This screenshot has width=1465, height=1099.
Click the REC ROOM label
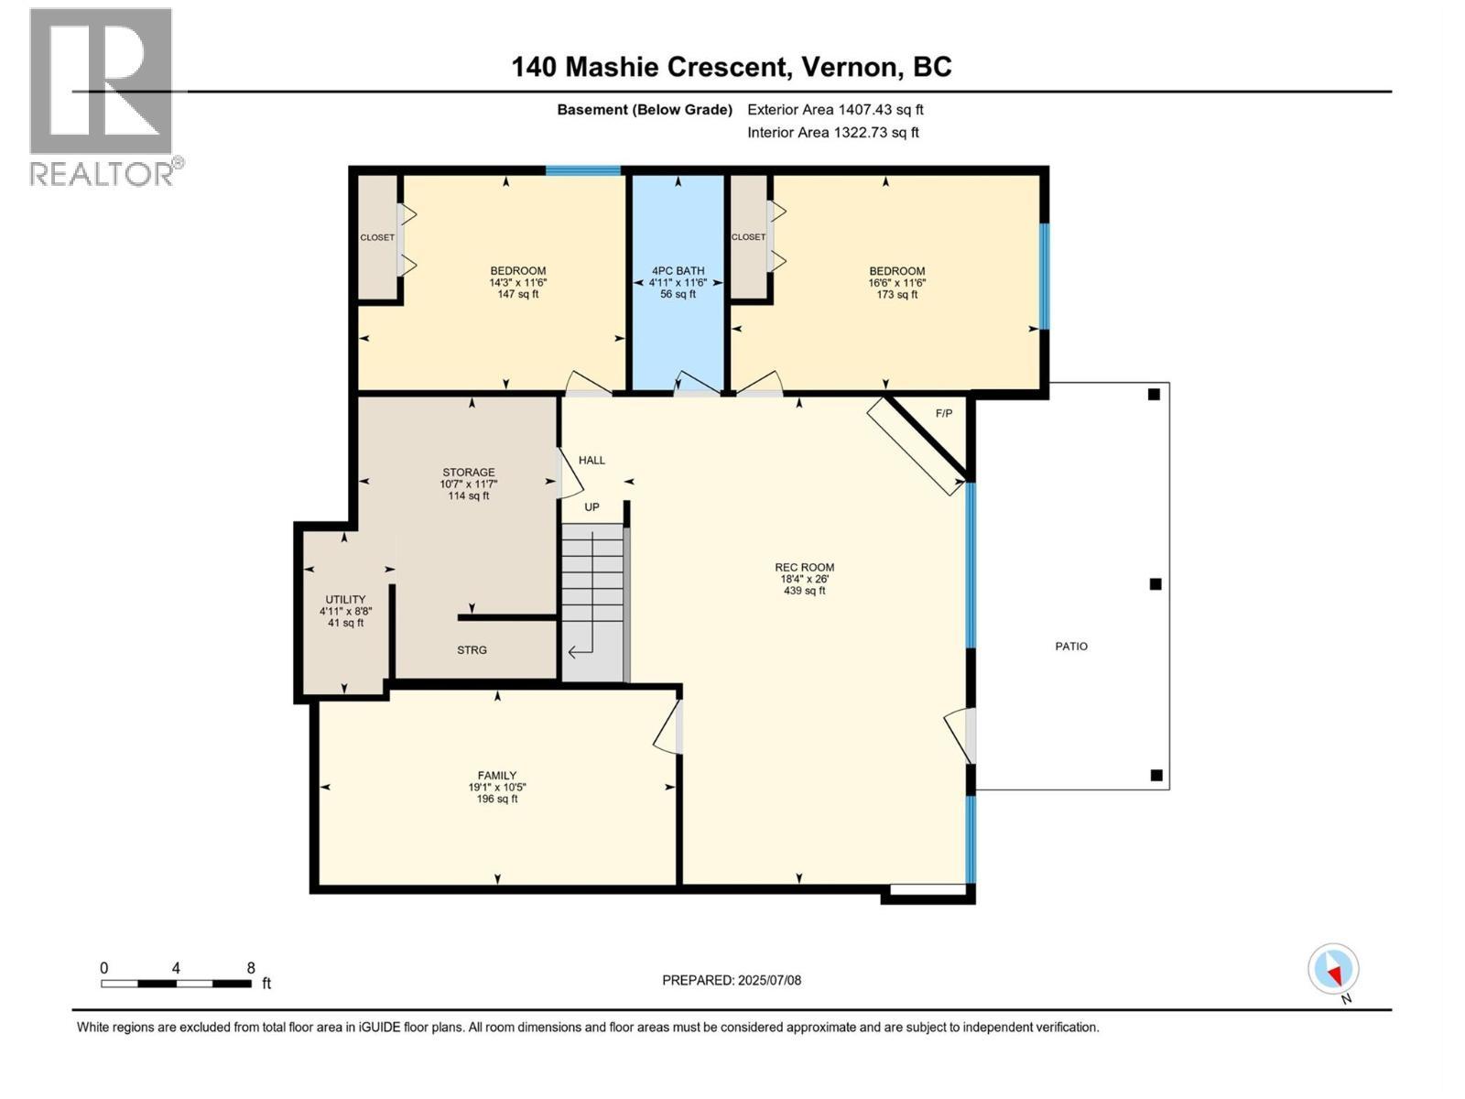(x=804, y=567)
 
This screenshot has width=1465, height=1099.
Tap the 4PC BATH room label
(x=678, y=270)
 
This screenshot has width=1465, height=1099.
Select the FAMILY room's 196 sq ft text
(x=496, y=799)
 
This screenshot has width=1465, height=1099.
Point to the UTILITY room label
(x=345, y=600)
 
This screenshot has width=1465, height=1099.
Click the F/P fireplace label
(x=943, y=413)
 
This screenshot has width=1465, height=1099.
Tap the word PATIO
(x=1070, y=646)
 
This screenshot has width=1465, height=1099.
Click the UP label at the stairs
(x=591, y=506)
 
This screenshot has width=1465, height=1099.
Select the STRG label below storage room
(x=472, y=649)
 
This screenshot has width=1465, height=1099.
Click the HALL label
(x=591, y=460)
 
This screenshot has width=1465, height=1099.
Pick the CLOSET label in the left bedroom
(x=376, y=237)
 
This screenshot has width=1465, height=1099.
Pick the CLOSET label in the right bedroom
(x=748, y=237)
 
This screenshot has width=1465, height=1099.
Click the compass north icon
(x=1333, y=969)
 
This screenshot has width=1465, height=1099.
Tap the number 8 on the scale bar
(x=250, y=968)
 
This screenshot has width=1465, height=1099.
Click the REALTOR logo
(x=103, y=96)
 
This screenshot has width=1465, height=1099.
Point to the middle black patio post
(x=1156, y=584)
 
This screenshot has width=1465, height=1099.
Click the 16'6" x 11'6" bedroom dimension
(x=896, y=283)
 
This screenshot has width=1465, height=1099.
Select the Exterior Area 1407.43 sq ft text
(x=834, y=109)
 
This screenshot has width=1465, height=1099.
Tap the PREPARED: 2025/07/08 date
(x=732, y=980)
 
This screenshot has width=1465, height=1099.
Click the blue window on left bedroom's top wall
(x=583, y=170)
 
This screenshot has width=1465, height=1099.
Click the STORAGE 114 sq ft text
(x=468, y=495)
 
